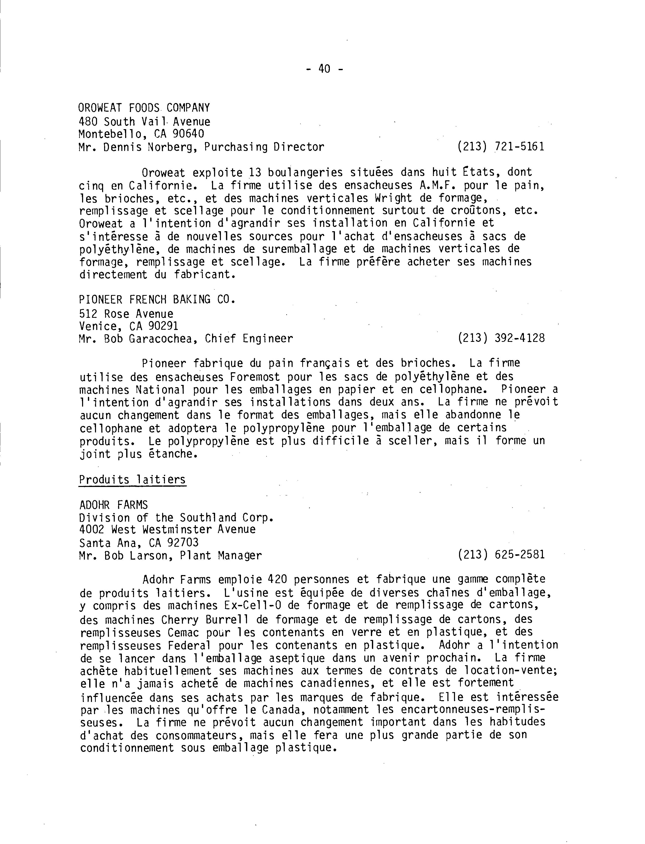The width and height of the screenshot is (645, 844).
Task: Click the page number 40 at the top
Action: click(x=324, y=69)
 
